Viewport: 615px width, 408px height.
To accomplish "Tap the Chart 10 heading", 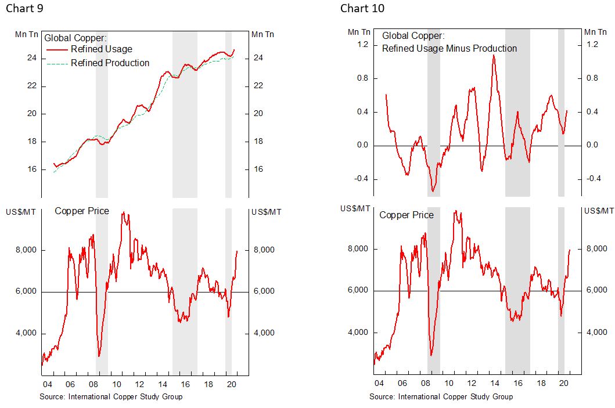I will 362,8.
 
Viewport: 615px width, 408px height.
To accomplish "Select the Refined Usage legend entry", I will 102,49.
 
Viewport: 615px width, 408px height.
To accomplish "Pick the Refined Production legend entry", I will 110,63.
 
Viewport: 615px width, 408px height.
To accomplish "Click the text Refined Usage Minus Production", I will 449,48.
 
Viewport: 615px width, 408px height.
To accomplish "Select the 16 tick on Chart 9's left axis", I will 33,169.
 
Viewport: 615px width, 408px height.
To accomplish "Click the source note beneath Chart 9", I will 111,396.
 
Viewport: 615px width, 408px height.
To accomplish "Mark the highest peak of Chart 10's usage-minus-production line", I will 494,55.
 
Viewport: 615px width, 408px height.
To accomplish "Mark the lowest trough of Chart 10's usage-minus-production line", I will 433,191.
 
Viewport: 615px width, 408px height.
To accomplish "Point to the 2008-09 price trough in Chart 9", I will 99,356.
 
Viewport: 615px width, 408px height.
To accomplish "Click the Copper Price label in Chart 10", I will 406,215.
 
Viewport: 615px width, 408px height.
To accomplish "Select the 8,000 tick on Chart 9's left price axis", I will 26,250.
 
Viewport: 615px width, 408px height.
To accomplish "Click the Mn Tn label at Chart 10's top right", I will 595,31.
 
